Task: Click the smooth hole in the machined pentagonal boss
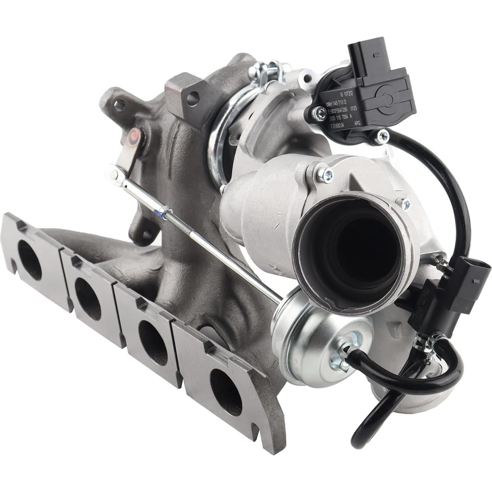tap(194, 96)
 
